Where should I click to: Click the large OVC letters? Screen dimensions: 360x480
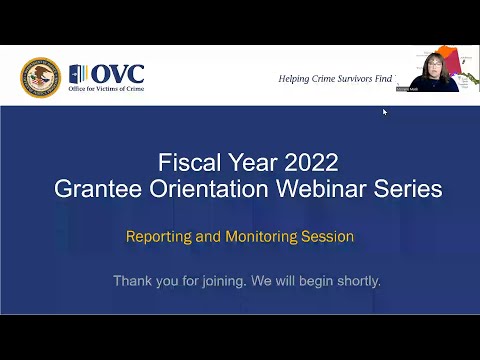(118, 73)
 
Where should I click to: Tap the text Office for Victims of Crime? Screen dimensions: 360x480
(106, 91)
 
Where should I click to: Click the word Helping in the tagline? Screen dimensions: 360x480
(295, 78)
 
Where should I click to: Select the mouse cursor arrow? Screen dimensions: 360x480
(385, 111)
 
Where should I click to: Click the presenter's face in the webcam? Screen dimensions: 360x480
(439, 69)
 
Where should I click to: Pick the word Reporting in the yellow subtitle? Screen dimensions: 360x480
(159, 237)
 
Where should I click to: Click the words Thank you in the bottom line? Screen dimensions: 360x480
(142, 281)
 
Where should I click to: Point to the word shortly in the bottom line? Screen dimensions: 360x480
(355, 281)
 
